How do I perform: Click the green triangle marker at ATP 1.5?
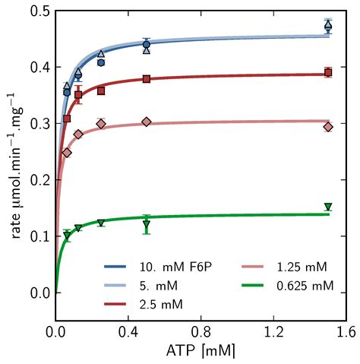[328, 207]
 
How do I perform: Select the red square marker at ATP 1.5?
[328, 73]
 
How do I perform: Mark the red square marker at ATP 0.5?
[147, 79]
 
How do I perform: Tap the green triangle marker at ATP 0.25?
[101, 223]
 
